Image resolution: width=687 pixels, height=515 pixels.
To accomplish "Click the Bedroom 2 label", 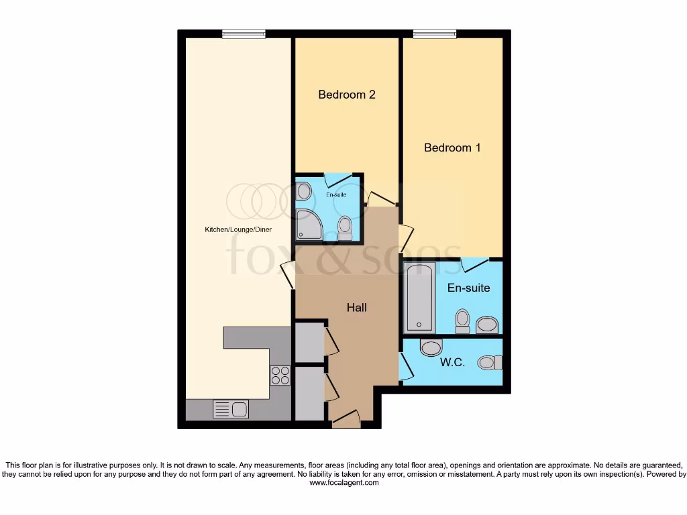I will [x=346, y=95].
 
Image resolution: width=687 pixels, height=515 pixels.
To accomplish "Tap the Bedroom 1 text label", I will [x=452, y=148].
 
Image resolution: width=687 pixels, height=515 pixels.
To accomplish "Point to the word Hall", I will [x=356, y=308].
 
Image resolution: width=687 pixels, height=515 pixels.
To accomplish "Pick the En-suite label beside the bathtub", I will [x=468, y=288].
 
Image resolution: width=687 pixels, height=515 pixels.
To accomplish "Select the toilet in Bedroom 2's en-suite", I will [x=345, y=227].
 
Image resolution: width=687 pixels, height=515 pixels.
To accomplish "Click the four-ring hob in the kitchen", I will [x=280, y=376].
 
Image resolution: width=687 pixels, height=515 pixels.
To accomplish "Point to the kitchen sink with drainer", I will [x=231, y=408].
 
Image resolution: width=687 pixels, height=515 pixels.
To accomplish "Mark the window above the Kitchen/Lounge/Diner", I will [x=244, y=34].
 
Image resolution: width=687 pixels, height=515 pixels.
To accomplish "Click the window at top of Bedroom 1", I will [x=434, y=34].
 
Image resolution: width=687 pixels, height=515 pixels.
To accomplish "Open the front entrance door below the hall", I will [x=347, y=421].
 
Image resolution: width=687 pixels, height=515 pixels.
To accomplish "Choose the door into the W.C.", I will [x=405, y=365].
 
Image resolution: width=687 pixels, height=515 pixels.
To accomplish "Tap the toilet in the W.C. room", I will [x=490, y=363].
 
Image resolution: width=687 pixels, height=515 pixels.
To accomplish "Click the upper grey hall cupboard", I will [x=309, y=342].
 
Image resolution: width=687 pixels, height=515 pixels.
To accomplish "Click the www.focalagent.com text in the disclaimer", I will [x=344, y=483].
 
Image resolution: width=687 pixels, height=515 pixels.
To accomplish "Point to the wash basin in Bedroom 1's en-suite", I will [x=488, y=326].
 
